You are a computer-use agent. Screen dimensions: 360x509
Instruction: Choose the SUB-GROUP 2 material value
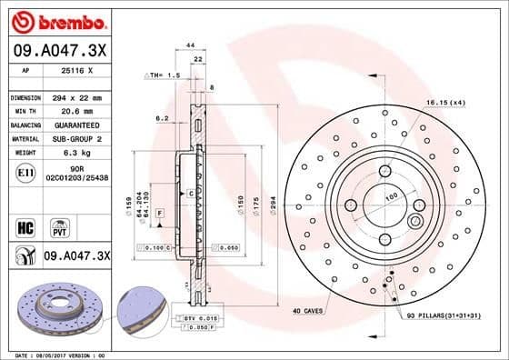[73, 139]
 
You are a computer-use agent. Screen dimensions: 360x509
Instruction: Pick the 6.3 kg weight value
[63, 154]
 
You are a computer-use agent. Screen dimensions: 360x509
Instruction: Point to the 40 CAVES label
[309, 311]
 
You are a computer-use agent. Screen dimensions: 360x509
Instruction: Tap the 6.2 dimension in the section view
[162, 118]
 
